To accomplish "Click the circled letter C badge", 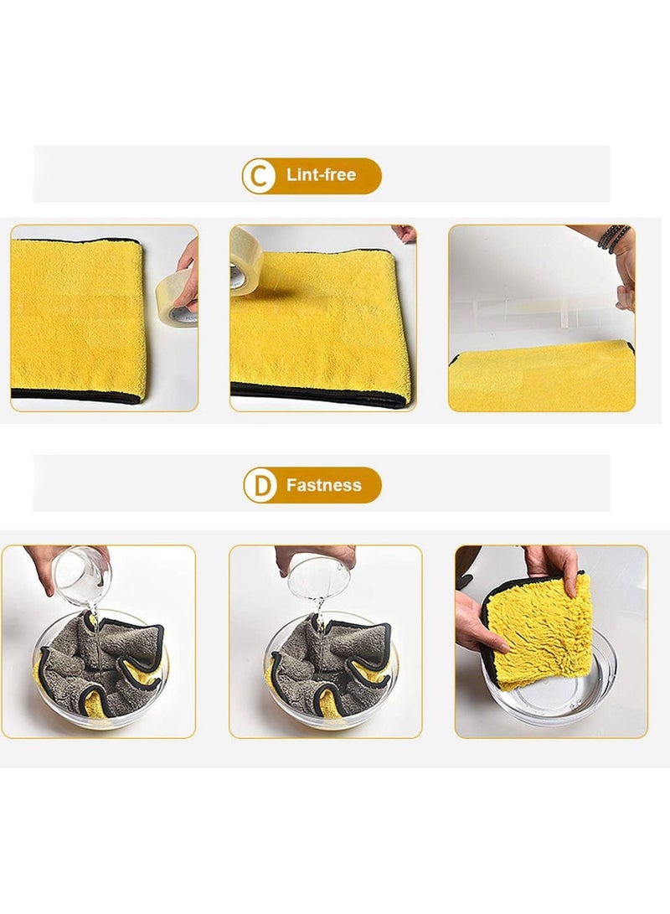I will (x=259, y=176).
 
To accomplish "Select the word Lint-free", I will (x=321, y=175).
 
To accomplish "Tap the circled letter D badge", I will (x=260, y=485).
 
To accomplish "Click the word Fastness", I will (x=323, y=485).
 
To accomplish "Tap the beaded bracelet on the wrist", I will (x=613, y=237).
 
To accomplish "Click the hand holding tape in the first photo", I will (x=188, y=272).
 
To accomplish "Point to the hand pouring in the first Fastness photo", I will (x=50, y=561).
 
